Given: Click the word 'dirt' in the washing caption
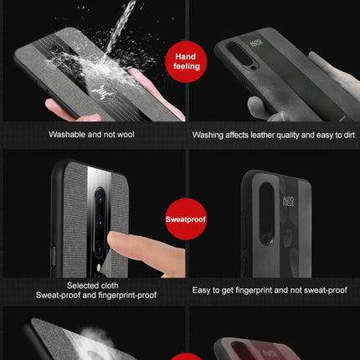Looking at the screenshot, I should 337,135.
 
